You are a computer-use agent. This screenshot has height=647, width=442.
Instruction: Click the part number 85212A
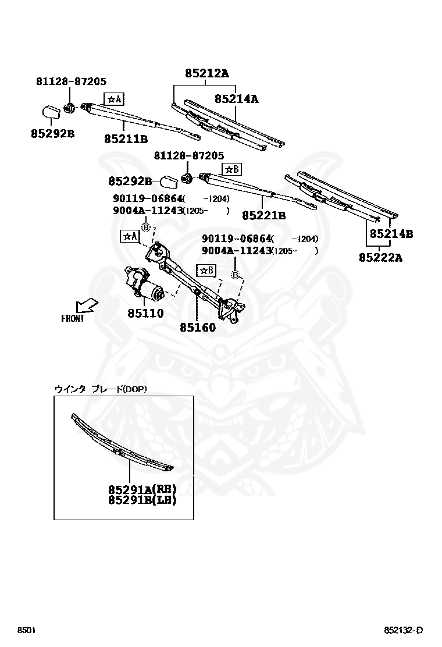tap(207, 73)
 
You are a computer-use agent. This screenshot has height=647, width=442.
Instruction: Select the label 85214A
tap(236, 99)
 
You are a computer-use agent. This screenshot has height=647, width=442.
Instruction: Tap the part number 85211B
tap(126, 139)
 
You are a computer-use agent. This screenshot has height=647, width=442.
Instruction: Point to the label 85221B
tap(263, 215)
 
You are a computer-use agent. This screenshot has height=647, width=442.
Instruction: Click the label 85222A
tap(380, 257)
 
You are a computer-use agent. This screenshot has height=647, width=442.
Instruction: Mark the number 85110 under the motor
tap(145, 313)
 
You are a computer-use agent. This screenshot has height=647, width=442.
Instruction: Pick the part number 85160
tap(197, 327)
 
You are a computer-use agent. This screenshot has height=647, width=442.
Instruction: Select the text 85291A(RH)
tap(142, 489)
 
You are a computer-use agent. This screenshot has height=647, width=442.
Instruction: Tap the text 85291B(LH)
tap(142, 499)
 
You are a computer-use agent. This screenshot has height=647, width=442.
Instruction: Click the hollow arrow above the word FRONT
tap(85, 305)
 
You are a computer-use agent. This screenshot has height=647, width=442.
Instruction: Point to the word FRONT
tap(73, 318)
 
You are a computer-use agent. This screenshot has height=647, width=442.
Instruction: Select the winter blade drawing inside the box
tap(122, 443)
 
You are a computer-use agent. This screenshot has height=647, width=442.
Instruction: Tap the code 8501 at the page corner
tap(26, 631)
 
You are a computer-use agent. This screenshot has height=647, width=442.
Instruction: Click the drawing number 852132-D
tap(403, 631)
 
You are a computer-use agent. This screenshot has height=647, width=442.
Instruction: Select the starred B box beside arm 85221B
tap(231, 169)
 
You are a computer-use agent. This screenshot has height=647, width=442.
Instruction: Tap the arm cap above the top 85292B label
tap(51, 111)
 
